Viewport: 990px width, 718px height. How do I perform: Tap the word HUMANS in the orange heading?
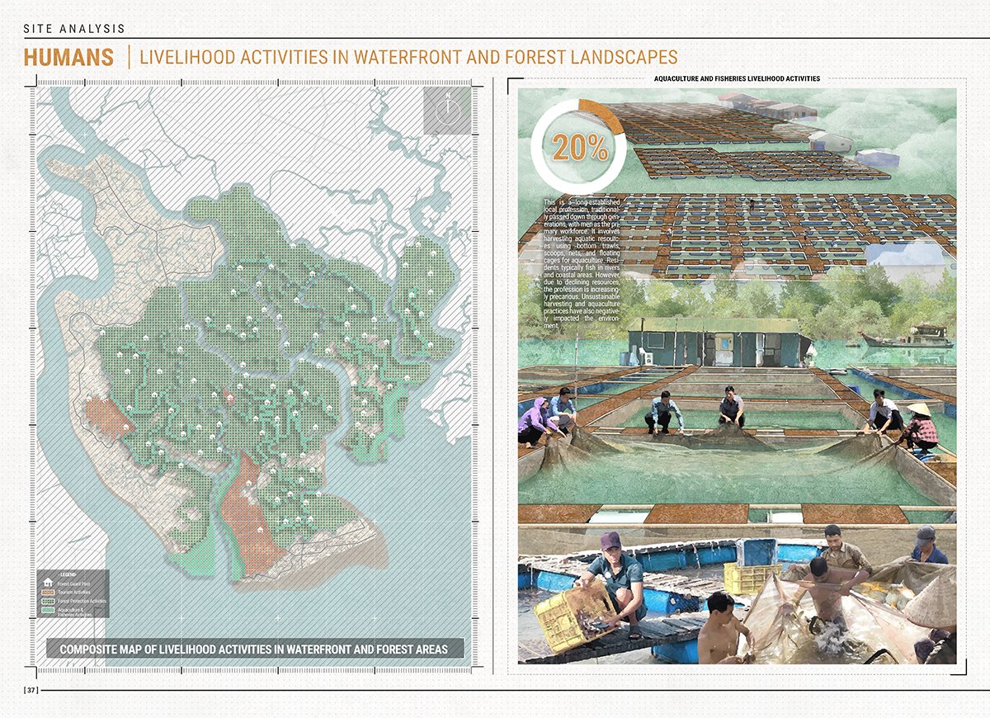[x=68, y=58]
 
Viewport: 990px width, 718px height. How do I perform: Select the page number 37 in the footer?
[x=31, y=689]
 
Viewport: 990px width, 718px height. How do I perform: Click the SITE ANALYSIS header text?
[x=74, y=29]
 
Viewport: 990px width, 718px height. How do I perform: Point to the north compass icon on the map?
[x=446, y=111]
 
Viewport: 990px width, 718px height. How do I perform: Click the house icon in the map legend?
[x=47, y=583]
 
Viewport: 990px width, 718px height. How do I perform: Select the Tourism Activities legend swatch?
[x=47, y=592]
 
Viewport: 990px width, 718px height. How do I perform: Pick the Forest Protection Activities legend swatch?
[x=47, y=601]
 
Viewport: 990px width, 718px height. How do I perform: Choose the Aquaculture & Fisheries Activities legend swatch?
[x=47, y=611]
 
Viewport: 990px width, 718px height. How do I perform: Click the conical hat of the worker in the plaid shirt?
[x=919, y=410]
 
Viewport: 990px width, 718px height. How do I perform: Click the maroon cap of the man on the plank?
[x=610, y=541]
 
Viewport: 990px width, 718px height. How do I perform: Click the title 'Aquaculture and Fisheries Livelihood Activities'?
[x=736, y=79]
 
